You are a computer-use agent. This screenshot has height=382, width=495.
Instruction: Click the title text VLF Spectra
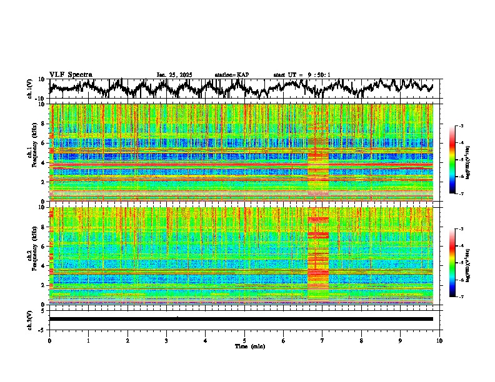tap(71, 74)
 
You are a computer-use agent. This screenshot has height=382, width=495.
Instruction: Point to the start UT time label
tap(302, 75)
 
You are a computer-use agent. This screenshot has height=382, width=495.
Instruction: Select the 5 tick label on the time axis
tap(244, 340)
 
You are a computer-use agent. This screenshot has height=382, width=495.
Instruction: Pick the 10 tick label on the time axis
tap(439, 340)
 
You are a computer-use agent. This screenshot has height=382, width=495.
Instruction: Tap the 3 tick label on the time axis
tap(166, 340)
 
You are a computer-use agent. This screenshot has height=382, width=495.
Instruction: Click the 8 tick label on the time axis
tap(361, 340)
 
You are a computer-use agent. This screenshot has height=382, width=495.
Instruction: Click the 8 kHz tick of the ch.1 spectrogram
tap(42, 124)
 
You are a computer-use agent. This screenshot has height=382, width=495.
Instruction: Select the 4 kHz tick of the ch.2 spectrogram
tap(42, 265)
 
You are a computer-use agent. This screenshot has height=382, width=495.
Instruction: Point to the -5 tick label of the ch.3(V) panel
tap(41, 328)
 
